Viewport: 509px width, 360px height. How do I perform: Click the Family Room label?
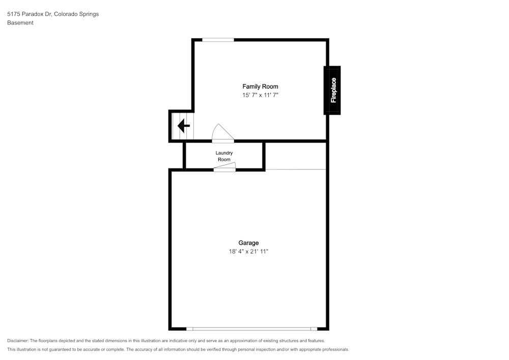click(x=260, y=87)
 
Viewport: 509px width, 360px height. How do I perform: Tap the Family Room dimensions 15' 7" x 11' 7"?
click(x=260, y=95)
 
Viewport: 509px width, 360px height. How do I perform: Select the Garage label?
click(x=248, y=243)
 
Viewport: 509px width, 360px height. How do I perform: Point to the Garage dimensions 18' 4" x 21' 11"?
click(x=248, y=251)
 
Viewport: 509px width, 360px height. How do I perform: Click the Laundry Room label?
click(x=224, y=156)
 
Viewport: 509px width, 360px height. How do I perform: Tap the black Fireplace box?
click(x=332, y=90)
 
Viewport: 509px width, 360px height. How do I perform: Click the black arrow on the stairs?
click(x=183, y=126)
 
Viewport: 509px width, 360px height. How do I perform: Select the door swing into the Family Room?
click(x=223, y=133)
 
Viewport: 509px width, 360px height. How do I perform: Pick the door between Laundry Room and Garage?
click(x=224, y=167)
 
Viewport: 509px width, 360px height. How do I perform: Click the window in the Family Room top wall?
click(x=218, y=40)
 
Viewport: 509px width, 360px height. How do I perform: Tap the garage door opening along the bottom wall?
click(x=251, y=329)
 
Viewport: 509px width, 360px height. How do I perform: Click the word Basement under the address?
click(x=20, y=23)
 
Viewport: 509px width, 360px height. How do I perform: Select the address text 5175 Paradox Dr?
click(x=30, y=14)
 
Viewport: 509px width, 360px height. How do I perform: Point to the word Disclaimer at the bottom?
click(x=17, y=341)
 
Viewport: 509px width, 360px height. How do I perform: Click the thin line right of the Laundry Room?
click(x=295, y=170)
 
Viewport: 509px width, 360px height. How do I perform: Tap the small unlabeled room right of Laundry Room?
click(x=295, y=156)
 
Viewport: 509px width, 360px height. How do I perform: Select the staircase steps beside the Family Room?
click(x=182, y=126)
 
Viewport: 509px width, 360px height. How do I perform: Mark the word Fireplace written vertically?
click(x=333, y=90)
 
